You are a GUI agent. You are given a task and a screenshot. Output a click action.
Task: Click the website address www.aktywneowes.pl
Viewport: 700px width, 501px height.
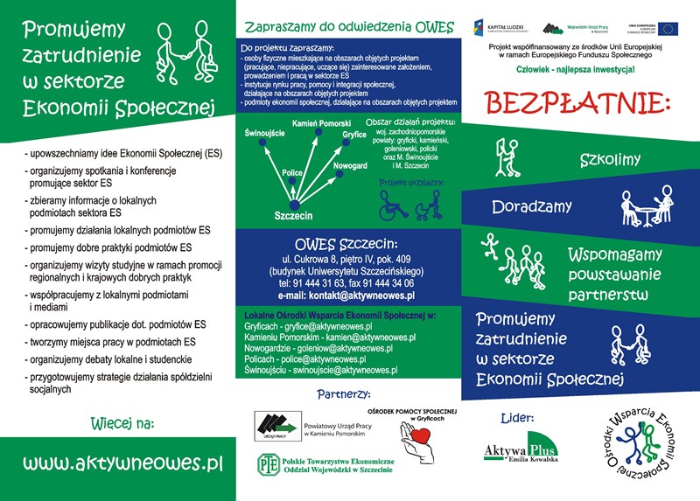122,462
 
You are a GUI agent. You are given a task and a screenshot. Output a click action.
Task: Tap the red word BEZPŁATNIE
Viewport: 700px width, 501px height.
577,101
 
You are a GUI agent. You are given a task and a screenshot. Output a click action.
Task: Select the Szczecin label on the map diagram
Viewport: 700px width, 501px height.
293,215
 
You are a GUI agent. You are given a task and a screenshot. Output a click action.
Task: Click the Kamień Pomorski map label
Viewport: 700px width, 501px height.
321,123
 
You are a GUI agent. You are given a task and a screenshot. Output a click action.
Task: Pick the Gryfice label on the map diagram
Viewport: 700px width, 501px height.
354,135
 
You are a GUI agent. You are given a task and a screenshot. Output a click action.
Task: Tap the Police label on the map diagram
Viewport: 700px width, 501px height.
292,173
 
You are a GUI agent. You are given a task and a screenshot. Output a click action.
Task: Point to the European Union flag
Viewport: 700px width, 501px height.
670,29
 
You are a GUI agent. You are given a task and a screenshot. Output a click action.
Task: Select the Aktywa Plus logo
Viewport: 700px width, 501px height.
521,449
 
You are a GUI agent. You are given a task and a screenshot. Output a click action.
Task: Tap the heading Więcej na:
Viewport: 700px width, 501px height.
122,423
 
